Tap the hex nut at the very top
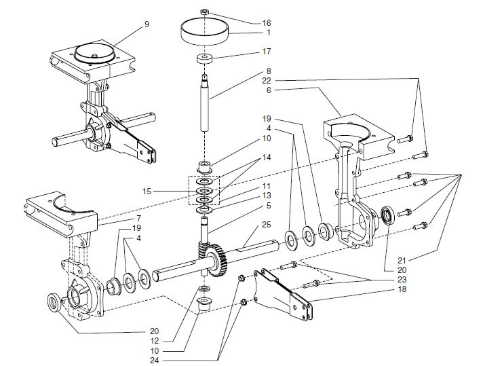(x=205, y=12)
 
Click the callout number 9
(x=146, y=24)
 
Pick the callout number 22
(x=249, y=81)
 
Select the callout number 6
(x=249, y=89)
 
